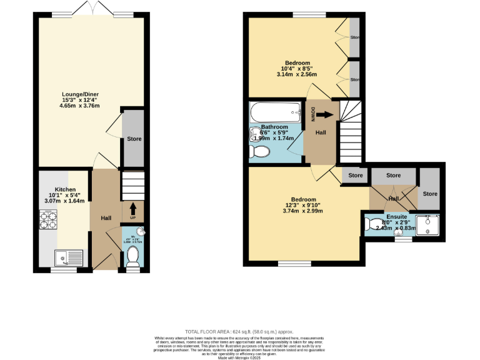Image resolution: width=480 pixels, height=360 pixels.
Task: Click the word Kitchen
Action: [x=65, y=189]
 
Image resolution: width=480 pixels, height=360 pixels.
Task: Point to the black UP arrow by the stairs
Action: [x=132, y=207]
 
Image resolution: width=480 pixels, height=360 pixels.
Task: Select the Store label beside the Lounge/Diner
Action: [x=134, y=139]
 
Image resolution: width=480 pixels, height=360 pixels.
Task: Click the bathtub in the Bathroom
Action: [x=276, y=113]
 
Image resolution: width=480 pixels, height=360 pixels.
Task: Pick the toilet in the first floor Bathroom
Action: [x=259, y=152]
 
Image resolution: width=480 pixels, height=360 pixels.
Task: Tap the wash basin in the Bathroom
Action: [x=254, y=132]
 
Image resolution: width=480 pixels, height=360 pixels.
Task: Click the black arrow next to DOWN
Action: [x=324, y=114]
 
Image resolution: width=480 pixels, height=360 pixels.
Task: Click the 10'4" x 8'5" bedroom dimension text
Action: [x=297, y=69]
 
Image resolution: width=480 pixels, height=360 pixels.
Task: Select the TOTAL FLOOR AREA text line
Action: [x=239, y=331]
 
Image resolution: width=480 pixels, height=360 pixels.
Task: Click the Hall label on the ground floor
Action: [x=106, y=217]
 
